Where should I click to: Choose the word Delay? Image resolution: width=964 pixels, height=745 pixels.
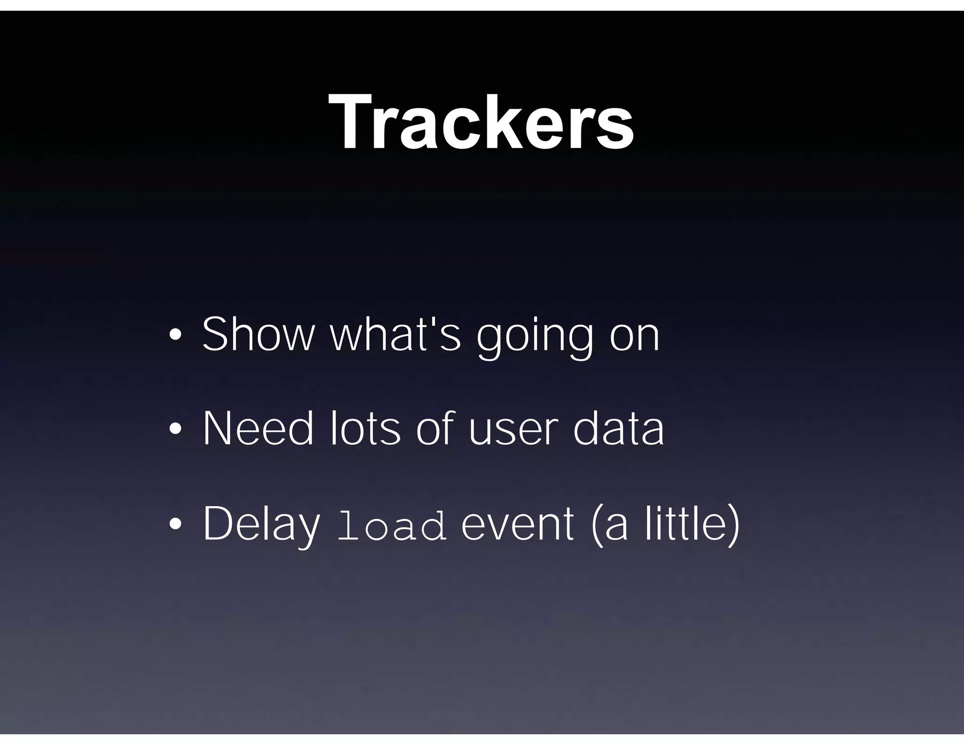(x=261, y=525)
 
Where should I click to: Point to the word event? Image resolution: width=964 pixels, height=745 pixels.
(x=517, y=525)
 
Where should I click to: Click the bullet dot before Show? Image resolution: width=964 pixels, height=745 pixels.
(x=175, y=335)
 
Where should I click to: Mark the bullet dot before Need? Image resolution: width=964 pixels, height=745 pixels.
(x=175, y=429)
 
